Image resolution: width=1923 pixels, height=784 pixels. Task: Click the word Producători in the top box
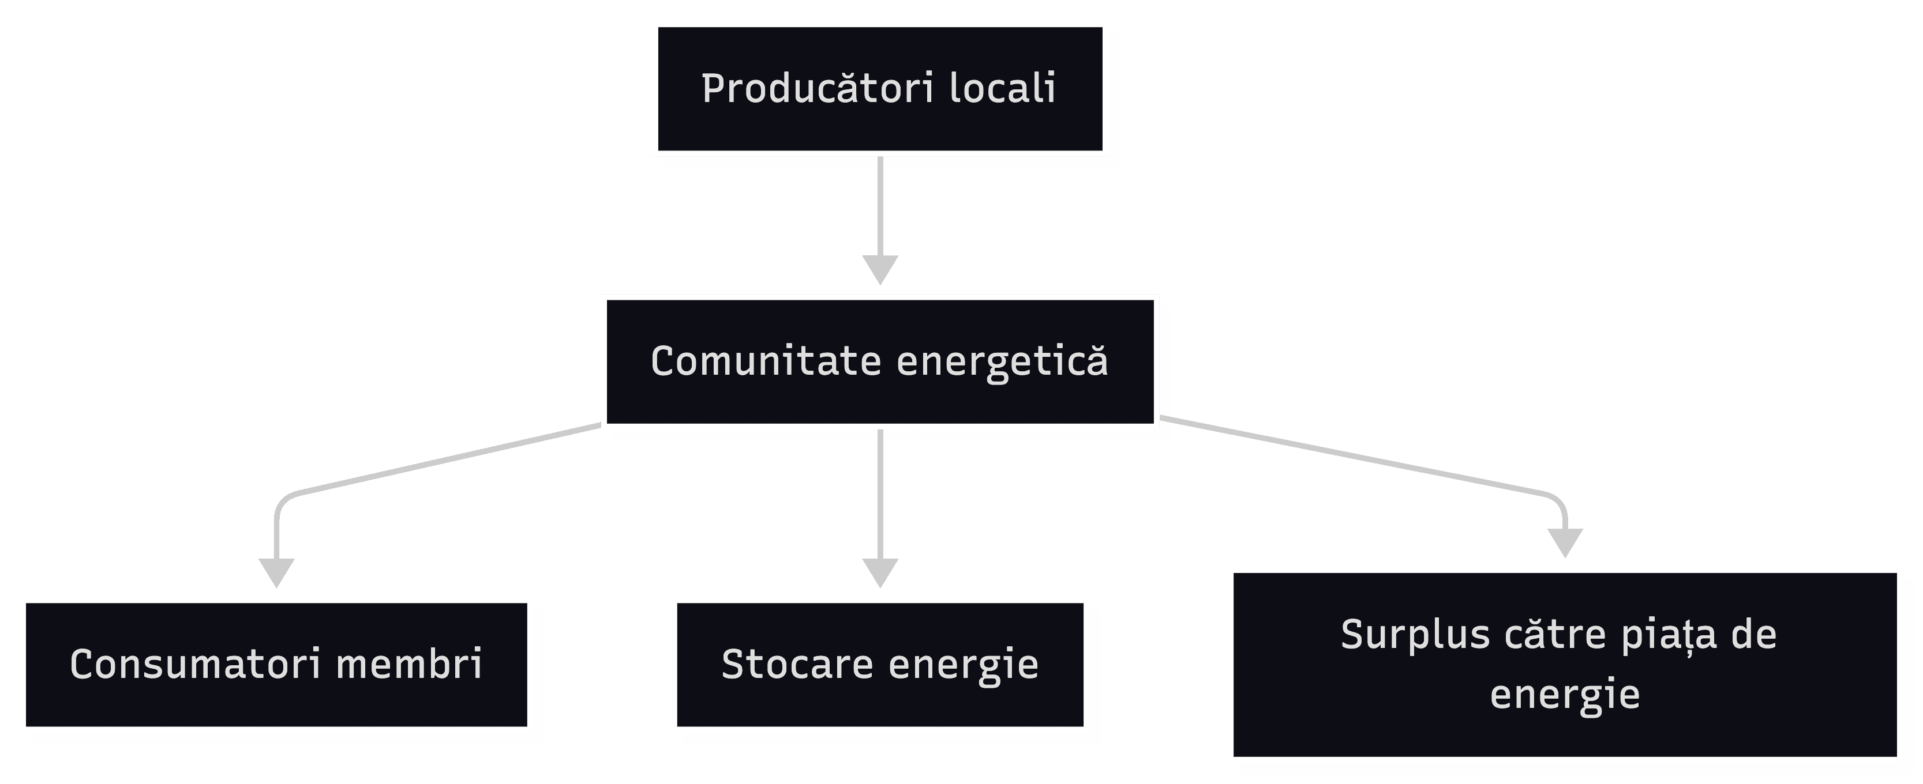click(818, 89)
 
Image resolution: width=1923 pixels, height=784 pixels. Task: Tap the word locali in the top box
click(1003, 89)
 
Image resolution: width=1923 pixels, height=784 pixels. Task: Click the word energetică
click(1002, 363)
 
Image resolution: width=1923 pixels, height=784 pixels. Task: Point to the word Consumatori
click(194, 664)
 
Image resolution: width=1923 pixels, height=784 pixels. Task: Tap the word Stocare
click(797, 664)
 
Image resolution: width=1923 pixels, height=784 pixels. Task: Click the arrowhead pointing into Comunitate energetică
click(880, 269)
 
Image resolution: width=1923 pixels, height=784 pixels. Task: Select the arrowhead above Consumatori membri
click(276, 572)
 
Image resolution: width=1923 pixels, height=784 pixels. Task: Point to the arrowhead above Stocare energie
click(880, 572)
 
